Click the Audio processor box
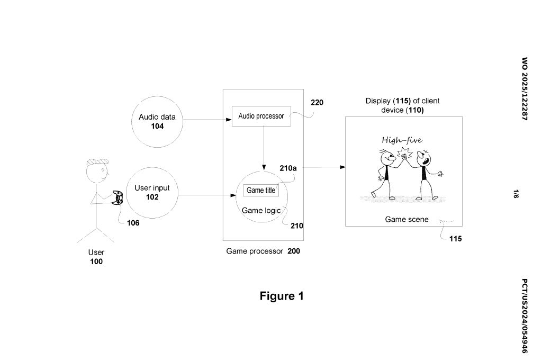(261, 116)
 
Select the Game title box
(261, 191)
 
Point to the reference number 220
(317, 103)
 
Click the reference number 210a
(288, 168)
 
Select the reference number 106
(133, 223)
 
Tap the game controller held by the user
(118, 197)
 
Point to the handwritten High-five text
(402, 140)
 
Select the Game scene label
(406, 219)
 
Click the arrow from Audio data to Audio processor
(207, 120)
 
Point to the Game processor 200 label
(263, 251)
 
